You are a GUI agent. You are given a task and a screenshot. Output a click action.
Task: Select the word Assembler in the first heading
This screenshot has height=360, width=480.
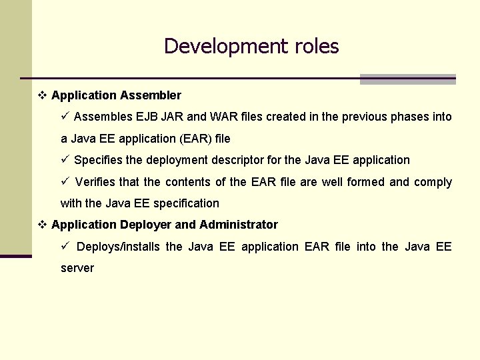151,96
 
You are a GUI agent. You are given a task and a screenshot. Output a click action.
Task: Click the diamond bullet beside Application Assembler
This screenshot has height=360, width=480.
42,96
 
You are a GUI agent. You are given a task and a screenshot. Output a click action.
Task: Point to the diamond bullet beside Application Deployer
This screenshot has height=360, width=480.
42,225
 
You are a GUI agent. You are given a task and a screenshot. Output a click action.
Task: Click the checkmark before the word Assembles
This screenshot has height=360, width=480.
65,117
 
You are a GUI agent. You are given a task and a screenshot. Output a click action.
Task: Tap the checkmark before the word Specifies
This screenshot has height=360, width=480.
65,160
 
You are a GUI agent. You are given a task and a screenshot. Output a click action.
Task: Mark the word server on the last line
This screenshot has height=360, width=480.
77,268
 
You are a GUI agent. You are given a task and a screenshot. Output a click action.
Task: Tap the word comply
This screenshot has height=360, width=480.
433,182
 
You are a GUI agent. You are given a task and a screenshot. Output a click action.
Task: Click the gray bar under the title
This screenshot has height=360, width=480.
407,80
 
